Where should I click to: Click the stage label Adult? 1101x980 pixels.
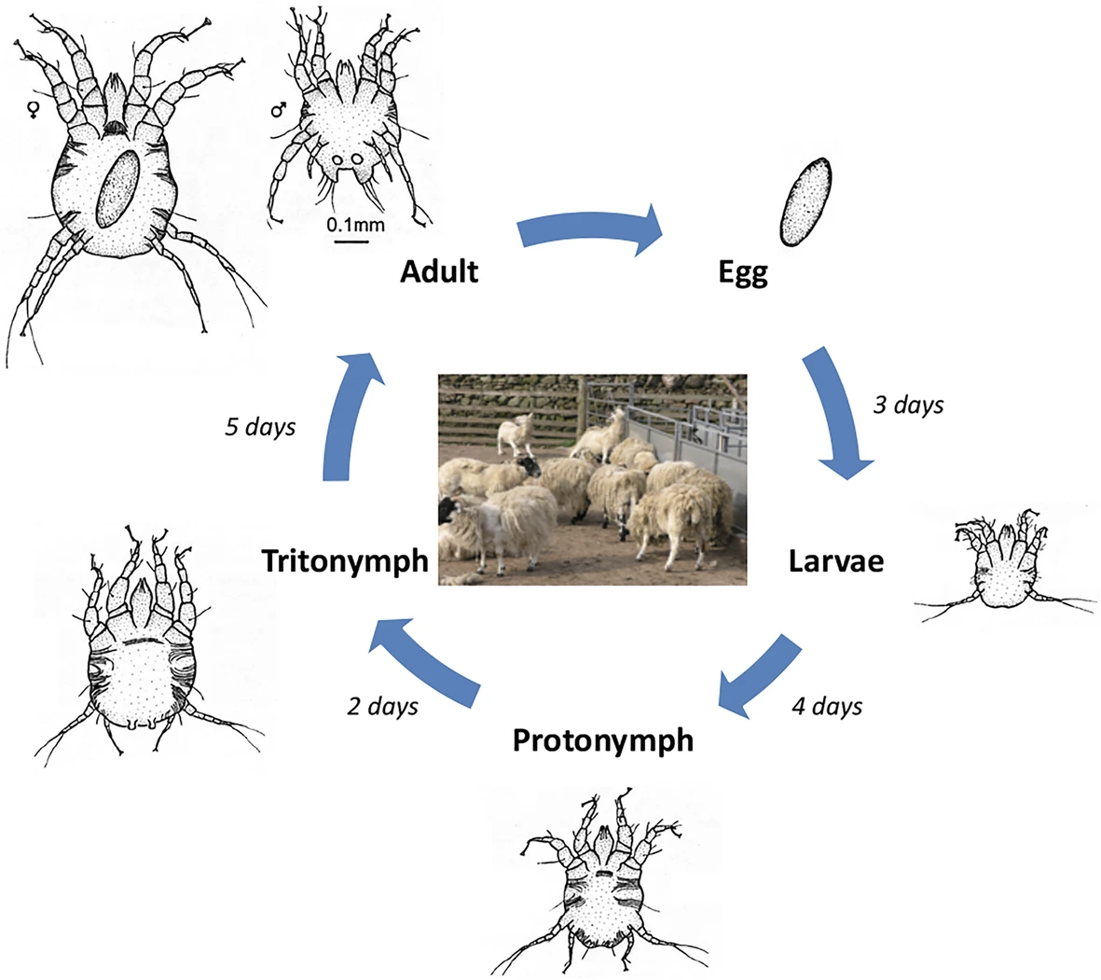pos(438,271)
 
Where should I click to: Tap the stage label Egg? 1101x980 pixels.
pos(743,273)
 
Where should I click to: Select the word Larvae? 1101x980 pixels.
pos(835,561)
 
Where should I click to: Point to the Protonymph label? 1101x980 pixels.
pos(603,740)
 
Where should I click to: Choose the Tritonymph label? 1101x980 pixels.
pos(345,561)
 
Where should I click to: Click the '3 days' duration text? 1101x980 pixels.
pos(907,406)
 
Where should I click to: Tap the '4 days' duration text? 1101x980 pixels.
pos(827,706)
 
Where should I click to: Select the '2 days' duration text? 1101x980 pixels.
pos(382,706)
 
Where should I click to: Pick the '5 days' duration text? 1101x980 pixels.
pos(260,427)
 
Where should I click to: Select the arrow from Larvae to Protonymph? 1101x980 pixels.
pos(759,677)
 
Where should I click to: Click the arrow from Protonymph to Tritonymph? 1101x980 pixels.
pos(425,668)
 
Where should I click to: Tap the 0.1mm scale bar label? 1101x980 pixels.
pos(355,225)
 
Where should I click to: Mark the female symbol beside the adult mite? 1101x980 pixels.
pos(33,110)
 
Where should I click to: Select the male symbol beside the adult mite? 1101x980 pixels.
pos(278,110)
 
